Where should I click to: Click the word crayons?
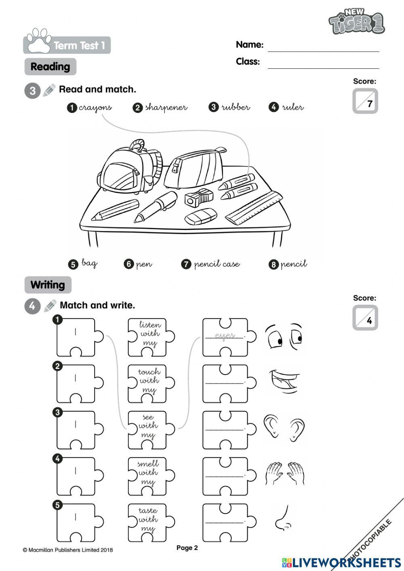(95, 107)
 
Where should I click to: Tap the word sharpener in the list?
(166, 107)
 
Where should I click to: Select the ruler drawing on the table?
(254, 207)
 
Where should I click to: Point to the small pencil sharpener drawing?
(198, 198)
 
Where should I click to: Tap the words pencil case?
(217, 264)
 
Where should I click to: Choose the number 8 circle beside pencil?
(274, 265)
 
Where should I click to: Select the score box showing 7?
(365, 101)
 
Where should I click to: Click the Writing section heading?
(48, 285)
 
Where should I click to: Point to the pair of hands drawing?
(284, 473)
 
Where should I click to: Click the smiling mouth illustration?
(284, 381)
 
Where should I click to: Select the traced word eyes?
(225, 336)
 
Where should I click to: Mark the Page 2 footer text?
(187, 548)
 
